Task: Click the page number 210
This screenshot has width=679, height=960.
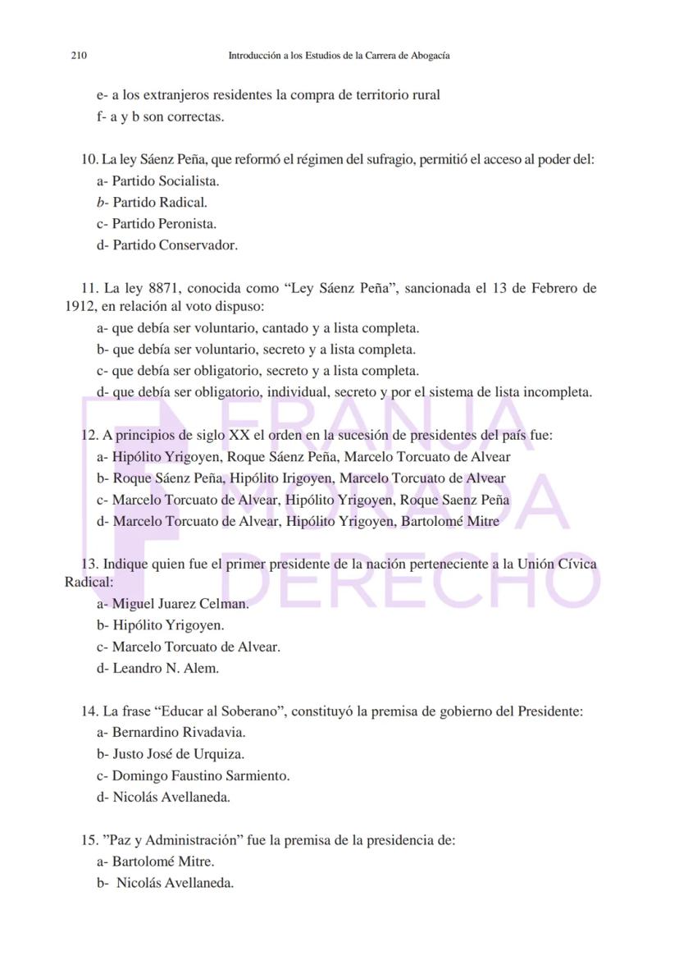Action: click(x=79, y=56)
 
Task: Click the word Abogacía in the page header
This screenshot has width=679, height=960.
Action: click(x=428, y=56)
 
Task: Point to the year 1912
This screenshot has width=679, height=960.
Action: click(x=80, y=308)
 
